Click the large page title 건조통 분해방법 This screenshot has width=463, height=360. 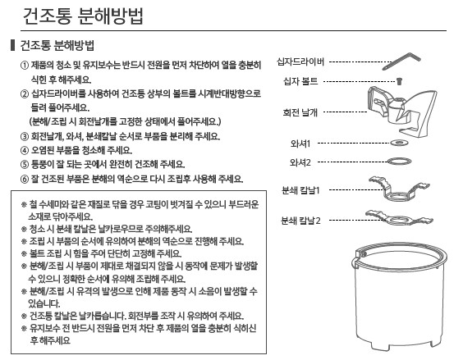point(83,16)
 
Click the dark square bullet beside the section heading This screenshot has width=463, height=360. point(12,45)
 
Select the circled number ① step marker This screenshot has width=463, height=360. point(24,66)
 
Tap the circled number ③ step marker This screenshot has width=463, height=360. point(24,137)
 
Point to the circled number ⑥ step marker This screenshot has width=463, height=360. point(24,179)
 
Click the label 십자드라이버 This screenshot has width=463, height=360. point(300,62)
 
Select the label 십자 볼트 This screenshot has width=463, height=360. point(300,81)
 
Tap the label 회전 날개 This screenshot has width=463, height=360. point(300,112)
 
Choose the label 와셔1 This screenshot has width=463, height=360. point(300,144)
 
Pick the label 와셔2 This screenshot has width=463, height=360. point(300,162)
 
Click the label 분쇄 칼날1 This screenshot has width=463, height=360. point(300,190)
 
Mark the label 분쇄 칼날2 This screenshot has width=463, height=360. point(300,221)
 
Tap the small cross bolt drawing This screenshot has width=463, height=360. point(400,81)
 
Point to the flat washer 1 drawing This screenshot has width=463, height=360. point(400,144)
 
